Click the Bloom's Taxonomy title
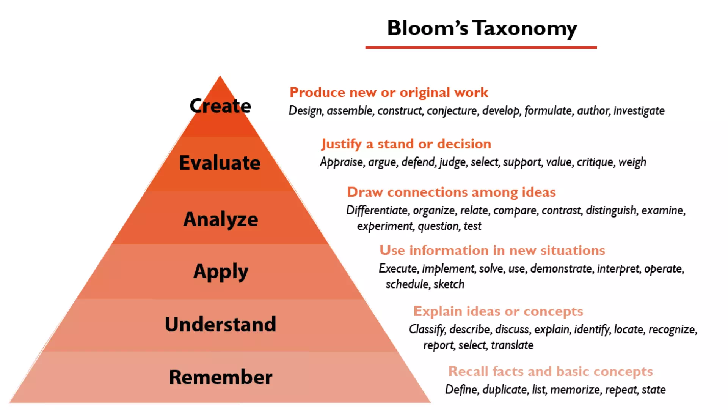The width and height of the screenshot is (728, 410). pyautogui.click(x=482, y=28)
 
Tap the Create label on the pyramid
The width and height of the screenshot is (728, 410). pyautogui.click(x=220, y=106)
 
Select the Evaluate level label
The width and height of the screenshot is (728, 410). pyautogui.click(x=220, y=162)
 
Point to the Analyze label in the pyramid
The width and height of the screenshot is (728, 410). pyautogui.click(x=221, y=219)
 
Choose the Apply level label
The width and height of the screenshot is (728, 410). pyautogui.click(x=221, y=272)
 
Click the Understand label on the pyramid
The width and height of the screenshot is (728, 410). pyautogui.click(x=221, y=324)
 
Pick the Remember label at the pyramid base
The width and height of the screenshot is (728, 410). pyautogui.click(x=221, y=377)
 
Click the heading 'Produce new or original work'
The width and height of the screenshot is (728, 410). pyautogui.click(x=389, y=92)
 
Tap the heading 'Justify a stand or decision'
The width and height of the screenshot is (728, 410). pyautogui.click(x=406, y=144)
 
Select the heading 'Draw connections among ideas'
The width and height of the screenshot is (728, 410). pyautogui.click(x=451, y=192)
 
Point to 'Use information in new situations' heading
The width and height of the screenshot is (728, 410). pyautogui.click(x=492, y=250)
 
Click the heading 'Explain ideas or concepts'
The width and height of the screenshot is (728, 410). pyautogui.click(x=498, y=311)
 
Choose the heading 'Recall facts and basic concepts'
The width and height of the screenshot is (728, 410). pyautogui.click(x=551, y=371)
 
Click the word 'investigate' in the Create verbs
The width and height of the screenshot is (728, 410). pyautogui.click(x=639, y=110)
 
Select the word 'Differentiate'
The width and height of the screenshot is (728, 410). pyautogui.click(x=377, y=210)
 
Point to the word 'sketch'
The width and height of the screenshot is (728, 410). pyautogui.click(x=449, y=284)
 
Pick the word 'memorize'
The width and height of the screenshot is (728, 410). pyautogui.click(x=575, y=389)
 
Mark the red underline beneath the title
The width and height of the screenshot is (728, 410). pyautogui.click(x=481, y=47)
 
